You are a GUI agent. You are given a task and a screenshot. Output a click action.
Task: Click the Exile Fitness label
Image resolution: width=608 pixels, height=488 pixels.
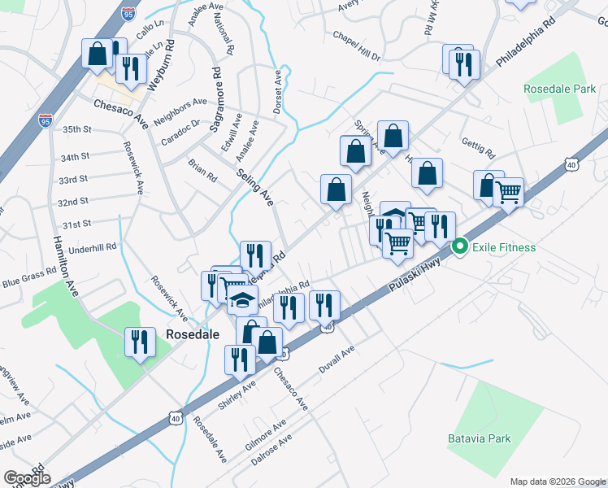(x=505, y=246)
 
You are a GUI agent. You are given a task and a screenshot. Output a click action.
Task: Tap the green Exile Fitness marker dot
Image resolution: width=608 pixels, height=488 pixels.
(x=460, y=246)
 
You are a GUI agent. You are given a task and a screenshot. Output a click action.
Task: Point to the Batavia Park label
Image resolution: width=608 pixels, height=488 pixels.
(x=480, y=438)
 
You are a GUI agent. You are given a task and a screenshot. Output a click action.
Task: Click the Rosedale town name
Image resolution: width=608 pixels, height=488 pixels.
(x=189, y=334)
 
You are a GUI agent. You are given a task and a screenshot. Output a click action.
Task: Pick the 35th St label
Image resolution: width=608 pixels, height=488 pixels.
(x=78, y=129)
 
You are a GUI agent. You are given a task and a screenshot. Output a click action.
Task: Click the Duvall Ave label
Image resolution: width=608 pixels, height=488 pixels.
(x=337, y=358)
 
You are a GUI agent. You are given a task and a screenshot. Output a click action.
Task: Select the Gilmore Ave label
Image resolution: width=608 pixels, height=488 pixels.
(x=266, y=434)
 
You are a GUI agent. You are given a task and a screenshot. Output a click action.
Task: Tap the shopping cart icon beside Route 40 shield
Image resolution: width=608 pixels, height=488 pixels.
(x=508, y=194)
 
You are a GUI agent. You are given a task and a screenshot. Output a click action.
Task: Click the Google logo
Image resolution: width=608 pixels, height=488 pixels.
(x=28, y=477)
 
